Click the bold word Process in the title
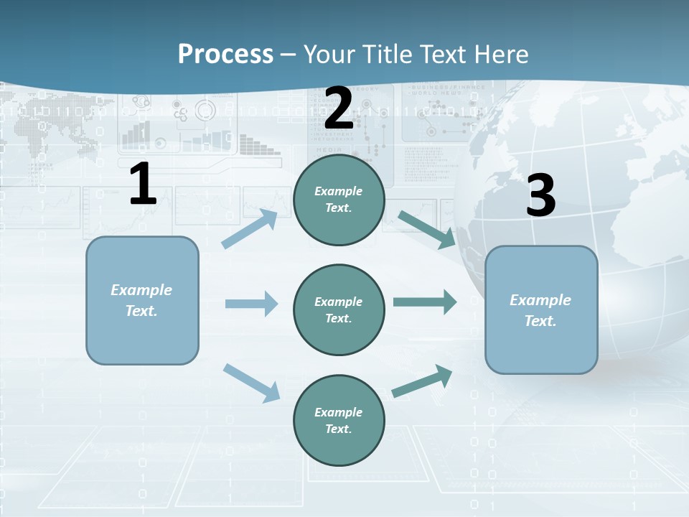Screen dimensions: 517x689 pos(225,55)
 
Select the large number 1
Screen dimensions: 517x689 pos(143,184)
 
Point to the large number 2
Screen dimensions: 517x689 pos(339,108)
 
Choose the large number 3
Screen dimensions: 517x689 pos(540,195)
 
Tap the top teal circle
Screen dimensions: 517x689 pos(339,200)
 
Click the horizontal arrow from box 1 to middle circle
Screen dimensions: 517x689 pos(251,304)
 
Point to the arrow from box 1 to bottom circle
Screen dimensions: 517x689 pos(252,383)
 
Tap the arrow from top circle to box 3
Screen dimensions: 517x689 pos(427,229)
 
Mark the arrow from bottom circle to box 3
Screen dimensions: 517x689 pos(423,381)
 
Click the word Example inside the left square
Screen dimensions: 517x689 pos(141,290)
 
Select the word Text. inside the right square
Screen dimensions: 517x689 pos(540,321)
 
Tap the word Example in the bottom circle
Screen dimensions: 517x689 pos(338,412)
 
